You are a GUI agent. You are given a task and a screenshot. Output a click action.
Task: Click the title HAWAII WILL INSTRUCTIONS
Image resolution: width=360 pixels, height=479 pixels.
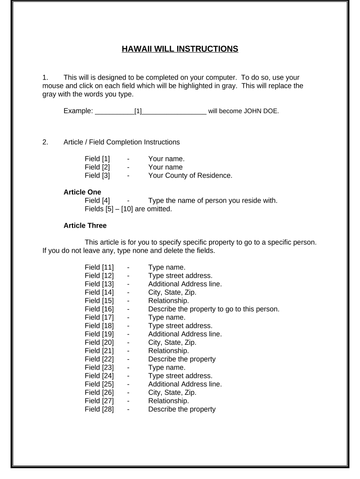pos(180,49)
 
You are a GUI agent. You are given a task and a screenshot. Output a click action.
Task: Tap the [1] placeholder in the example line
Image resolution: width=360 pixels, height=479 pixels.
pos(138,111)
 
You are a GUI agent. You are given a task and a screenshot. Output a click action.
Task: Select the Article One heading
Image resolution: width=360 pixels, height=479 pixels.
pos(82,192)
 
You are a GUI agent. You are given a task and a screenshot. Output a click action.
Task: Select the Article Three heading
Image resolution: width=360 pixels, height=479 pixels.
pos(85,225)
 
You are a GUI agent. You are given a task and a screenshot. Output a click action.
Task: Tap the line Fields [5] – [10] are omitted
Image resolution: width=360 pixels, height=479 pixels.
pos(129,209)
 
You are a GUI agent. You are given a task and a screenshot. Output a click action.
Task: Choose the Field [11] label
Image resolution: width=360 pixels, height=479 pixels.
pos(99,267)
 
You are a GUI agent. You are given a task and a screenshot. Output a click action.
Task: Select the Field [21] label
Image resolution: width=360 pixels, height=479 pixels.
pos(99,350)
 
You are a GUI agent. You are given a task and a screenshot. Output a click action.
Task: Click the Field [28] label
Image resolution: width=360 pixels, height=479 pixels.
pos(99,409)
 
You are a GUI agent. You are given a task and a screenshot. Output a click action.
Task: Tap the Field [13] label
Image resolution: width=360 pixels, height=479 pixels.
pos(99,284)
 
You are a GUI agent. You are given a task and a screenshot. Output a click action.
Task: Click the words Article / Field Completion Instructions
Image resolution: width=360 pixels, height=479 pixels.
pos(121,142)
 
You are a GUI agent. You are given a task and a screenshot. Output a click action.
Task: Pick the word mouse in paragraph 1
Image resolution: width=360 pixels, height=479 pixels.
pos(52,86)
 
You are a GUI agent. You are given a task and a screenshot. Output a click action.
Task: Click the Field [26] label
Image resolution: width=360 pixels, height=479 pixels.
pos(99,392)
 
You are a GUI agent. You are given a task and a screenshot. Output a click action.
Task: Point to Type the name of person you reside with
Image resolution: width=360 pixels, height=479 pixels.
pos(213,201)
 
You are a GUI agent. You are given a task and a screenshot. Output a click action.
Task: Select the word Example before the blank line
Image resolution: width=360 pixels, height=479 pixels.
pos(77,111)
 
